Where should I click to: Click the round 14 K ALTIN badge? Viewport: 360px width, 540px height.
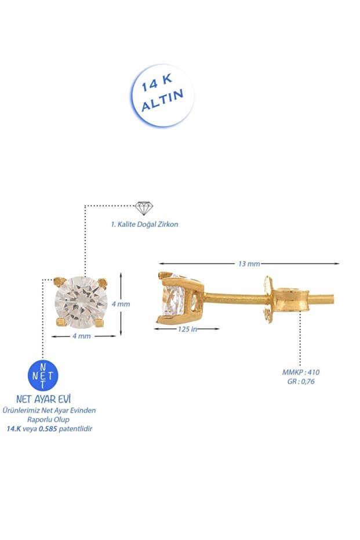tap(162, 95)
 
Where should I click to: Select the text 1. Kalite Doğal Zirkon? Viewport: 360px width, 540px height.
tap(144, 224)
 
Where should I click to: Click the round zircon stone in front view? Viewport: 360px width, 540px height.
tap(79, 303)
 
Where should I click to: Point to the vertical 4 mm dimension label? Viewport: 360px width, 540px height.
tap(137, 303)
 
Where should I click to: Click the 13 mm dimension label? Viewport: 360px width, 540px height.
tap(249, 264)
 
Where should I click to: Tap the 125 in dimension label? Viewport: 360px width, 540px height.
tap(187, 329)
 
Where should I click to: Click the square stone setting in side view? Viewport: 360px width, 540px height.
tap(180, 297)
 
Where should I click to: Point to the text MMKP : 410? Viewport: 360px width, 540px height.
tap(301, 372)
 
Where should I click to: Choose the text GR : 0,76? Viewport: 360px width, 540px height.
tap(301, 381)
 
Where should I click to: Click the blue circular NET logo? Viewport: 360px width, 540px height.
tap(43, 375)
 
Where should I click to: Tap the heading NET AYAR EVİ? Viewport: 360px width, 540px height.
tap(43, 400)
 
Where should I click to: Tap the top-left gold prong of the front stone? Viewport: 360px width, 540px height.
tap(57, 281)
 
